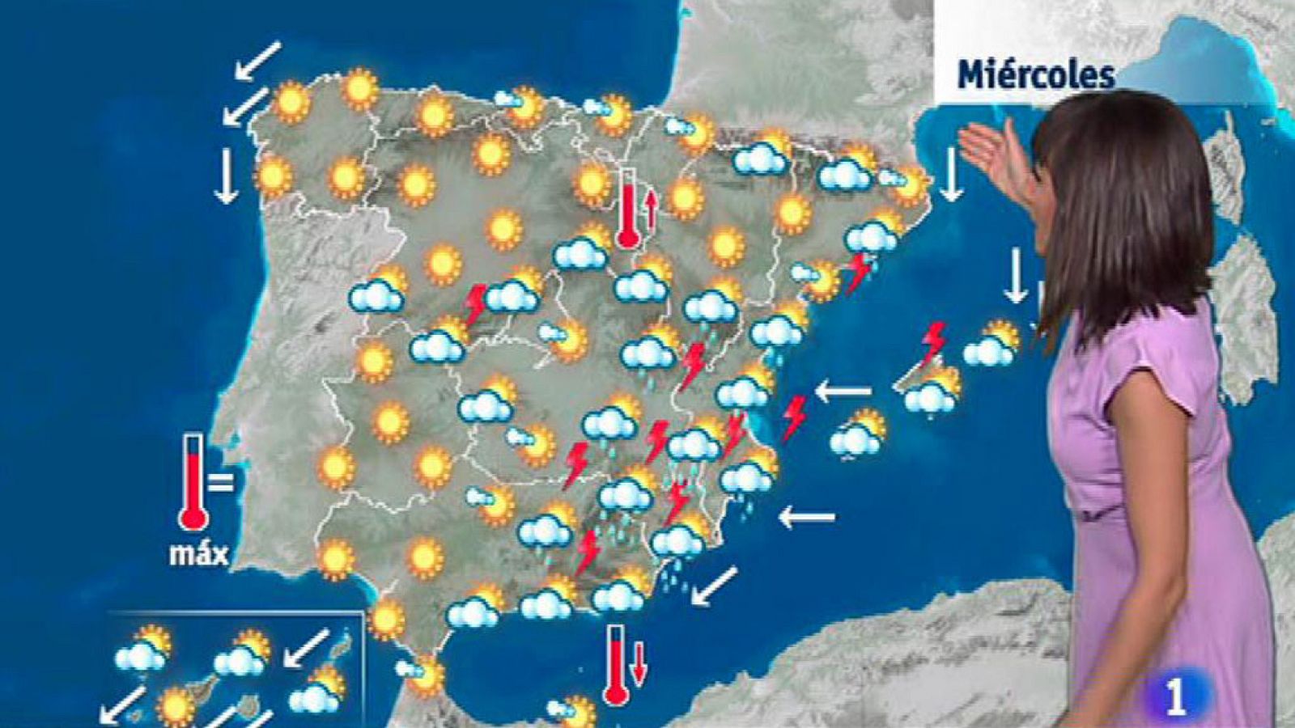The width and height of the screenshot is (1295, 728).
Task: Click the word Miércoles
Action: point(1036,75)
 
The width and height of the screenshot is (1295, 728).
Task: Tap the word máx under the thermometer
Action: point(198,553)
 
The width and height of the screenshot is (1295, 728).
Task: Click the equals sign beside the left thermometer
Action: point(220,483)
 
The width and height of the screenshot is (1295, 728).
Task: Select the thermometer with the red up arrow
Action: point(627,208)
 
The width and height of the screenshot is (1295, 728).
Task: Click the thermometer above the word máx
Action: point(193,482)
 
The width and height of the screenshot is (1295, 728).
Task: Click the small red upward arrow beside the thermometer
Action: point(649,207)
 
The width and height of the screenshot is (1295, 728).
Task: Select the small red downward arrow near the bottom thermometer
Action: point(639,662)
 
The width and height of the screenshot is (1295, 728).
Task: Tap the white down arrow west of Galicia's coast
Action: point(226,177)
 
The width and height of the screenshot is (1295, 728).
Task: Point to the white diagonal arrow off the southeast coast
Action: point(715,586)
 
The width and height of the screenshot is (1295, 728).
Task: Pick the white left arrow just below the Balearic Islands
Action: point(843,392)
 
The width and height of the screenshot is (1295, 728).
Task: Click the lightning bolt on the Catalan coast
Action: point(857,273)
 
